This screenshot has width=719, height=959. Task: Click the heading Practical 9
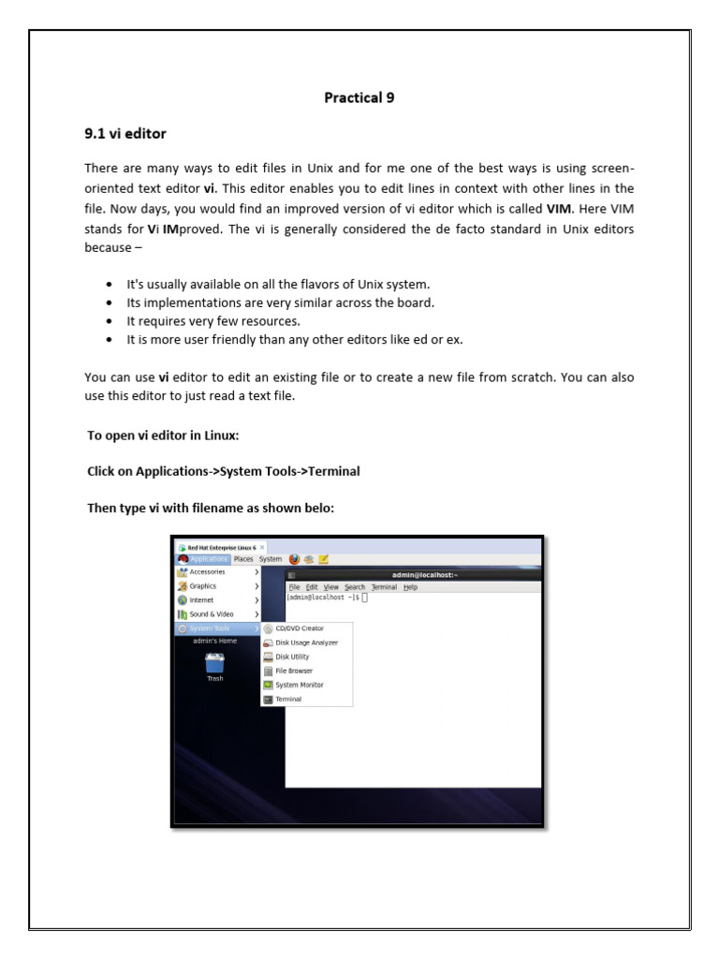[x=359, y=97]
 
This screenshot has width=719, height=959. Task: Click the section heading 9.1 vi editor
[x=125, y=134]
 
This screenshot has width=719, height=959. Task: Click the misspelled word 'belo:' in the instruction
[x=318, y=508]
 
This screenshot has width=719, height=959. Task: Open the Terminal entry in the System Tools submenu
[x=288, y=700]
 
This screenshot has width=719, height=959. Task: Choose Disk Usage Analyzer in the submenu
[x=306, y=642]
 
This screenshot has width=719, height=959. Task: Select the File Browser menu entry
[x=294, y=671]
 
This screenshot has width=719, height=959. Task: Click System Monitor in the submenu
[x=299, y=685]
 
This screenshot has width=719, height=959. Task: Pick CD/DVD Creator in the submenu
[x=299, y=628]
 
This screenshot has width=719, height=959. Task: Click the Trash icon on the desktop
[x=214, y=665]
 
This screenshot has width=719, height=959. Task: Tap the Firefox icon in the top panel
[x=294, y=559]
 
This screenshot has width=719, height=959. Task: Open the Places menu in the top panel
[x=243, y=559]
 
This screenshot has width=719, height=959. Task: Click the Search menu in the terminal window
[x=354, y=587]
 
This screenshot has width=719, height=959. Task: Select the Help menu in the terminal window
[x=410, y=587]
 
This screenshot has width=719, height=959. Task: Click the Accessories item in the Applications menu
[x=207, y=571]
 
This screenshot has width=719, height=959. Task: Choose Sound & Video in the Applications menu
[x=212, y=614]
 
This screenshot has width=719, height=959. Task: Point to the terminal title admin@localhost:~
[x=426, y=575]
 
